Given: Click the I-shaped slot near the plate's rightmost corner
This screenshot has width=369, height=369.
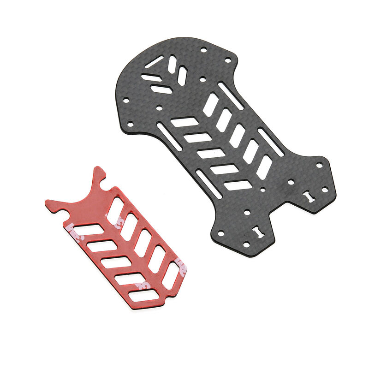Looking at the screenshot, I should pos(308,196).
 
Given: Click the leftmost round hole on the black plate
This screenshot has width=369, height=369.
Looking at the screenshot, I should pos(130,124).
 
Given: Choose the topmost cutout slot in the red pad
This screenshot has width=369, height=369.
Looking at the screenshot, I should pos(115,210).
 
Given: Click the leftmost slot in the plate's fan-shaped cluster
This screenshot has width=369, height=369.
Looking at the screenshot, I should pos(150,77).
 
